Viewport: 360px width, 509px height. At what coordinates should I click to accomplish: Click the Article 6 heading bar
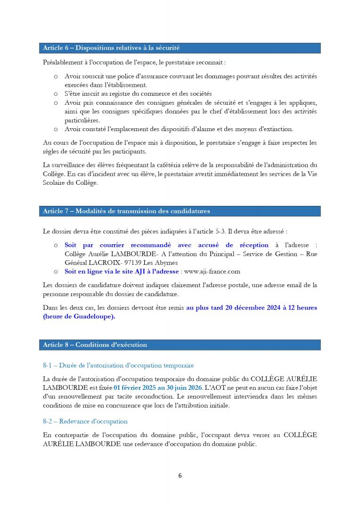click(179, 48)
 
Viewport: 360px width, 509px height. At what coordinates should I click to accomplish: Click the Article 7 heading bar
click(179, 211)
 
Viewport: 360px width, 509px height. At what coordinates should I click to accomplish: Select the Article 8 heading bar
click(179, 345)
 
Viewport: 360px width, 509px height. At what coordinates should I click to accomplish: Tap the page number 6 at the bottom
click(180, 476)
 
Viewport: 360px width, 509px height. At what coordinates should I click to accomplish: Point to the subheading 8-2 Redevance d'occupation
click(85, 421)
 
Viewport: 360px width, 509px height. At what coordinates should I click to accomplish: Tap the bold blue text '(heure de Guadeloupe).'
click(79, 317)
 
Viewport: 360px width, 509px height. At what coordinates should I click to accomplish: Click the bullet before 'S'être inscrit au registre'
click(56, 94)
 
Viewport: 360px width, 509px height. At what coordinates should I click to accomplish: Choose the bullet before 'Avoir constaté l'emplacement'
click(56, 129)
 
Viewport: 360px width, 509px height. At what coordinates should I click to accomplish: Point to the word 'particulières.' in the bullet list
click(82, 120)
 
